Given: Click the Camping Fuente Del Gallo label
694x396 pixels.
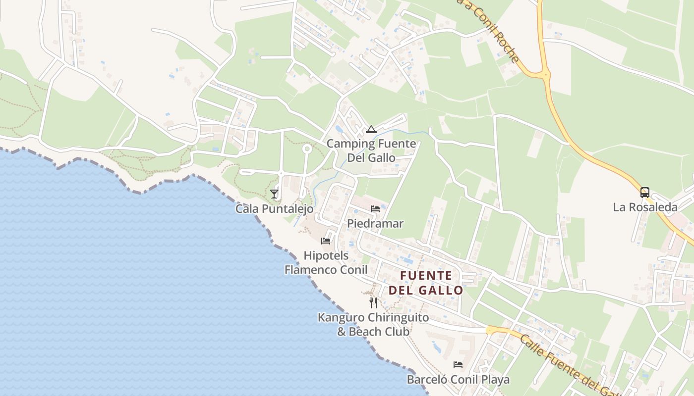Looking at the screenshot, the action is coord(371,151).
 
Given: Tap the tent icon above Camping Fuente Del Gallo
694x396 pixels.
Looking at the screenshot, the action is coord(371,130).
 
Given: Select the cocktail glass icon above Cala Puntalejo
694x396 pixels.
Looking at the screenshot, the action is coord(274,194).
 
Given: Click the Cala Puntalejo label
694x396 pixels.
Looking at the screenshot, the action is coord(274,209).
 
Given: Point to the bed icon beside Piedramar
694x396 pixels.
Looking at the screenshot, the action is coord(375,208).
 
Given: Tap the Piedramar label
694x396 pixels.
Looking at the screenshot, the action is coord(375,223).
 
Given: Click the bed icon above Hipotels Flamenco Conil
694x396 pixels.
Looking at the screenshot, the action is coord(326,241).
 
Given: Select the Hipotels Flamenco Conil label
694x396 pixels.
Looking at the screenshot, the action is coord(326,263).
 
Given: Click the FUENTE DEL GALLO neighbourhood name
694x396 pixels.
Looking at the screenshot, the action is coord(426,283).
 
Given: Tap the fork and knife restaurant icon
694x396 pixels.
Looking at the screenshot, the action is coord(373,302).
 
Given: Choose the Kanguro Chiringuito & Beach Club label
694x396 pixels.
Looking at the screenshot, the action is coord(373,324).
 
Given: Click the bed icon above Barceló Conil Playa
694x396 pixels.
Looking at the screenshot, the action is coord(458,365).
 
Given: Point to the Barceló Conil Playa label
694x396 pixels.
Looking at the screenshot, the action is coord(458,380).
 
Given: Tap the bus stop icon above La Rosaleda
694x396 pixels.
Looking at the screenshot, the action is coord(645,193).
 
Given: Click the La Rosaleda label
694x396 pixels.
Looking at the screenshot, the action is coord(645,207).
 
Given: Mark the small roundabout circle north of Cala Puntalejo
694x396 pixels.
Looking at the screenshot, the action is coord(307,148).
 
